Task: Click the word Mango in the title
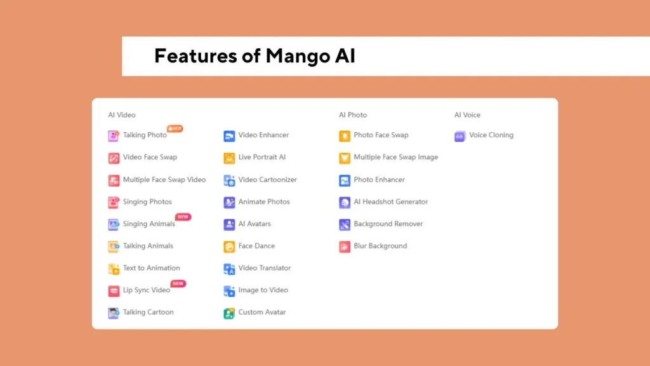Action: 298,57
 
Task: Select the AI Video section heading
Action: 122,115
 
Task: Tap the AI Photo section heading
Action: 353,115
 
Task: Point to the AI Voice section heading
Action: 467,115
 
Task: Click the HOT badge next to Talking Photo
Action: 175,128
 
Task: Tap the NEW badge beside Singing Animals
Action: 183,217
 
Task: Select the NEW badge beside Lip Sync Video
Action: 178,283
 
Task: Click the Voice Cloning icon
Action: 460,136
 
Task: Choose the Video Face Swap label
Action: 150,158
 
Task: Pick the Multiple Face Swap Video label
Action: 164,180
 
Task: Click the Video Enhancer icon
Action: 229,136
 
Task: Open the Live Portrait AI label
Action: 262,158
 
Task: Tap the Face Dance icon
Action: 229,247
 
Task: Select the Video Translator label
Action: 265,268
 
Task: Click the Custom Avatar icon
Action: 229,313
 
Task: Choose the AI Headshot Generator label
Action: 390,201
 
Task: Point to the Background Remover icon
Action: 345,224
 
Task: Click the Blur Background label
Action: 380,246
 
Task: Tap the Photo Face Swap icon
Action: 345,136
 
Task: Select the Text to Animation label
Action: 151,268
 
